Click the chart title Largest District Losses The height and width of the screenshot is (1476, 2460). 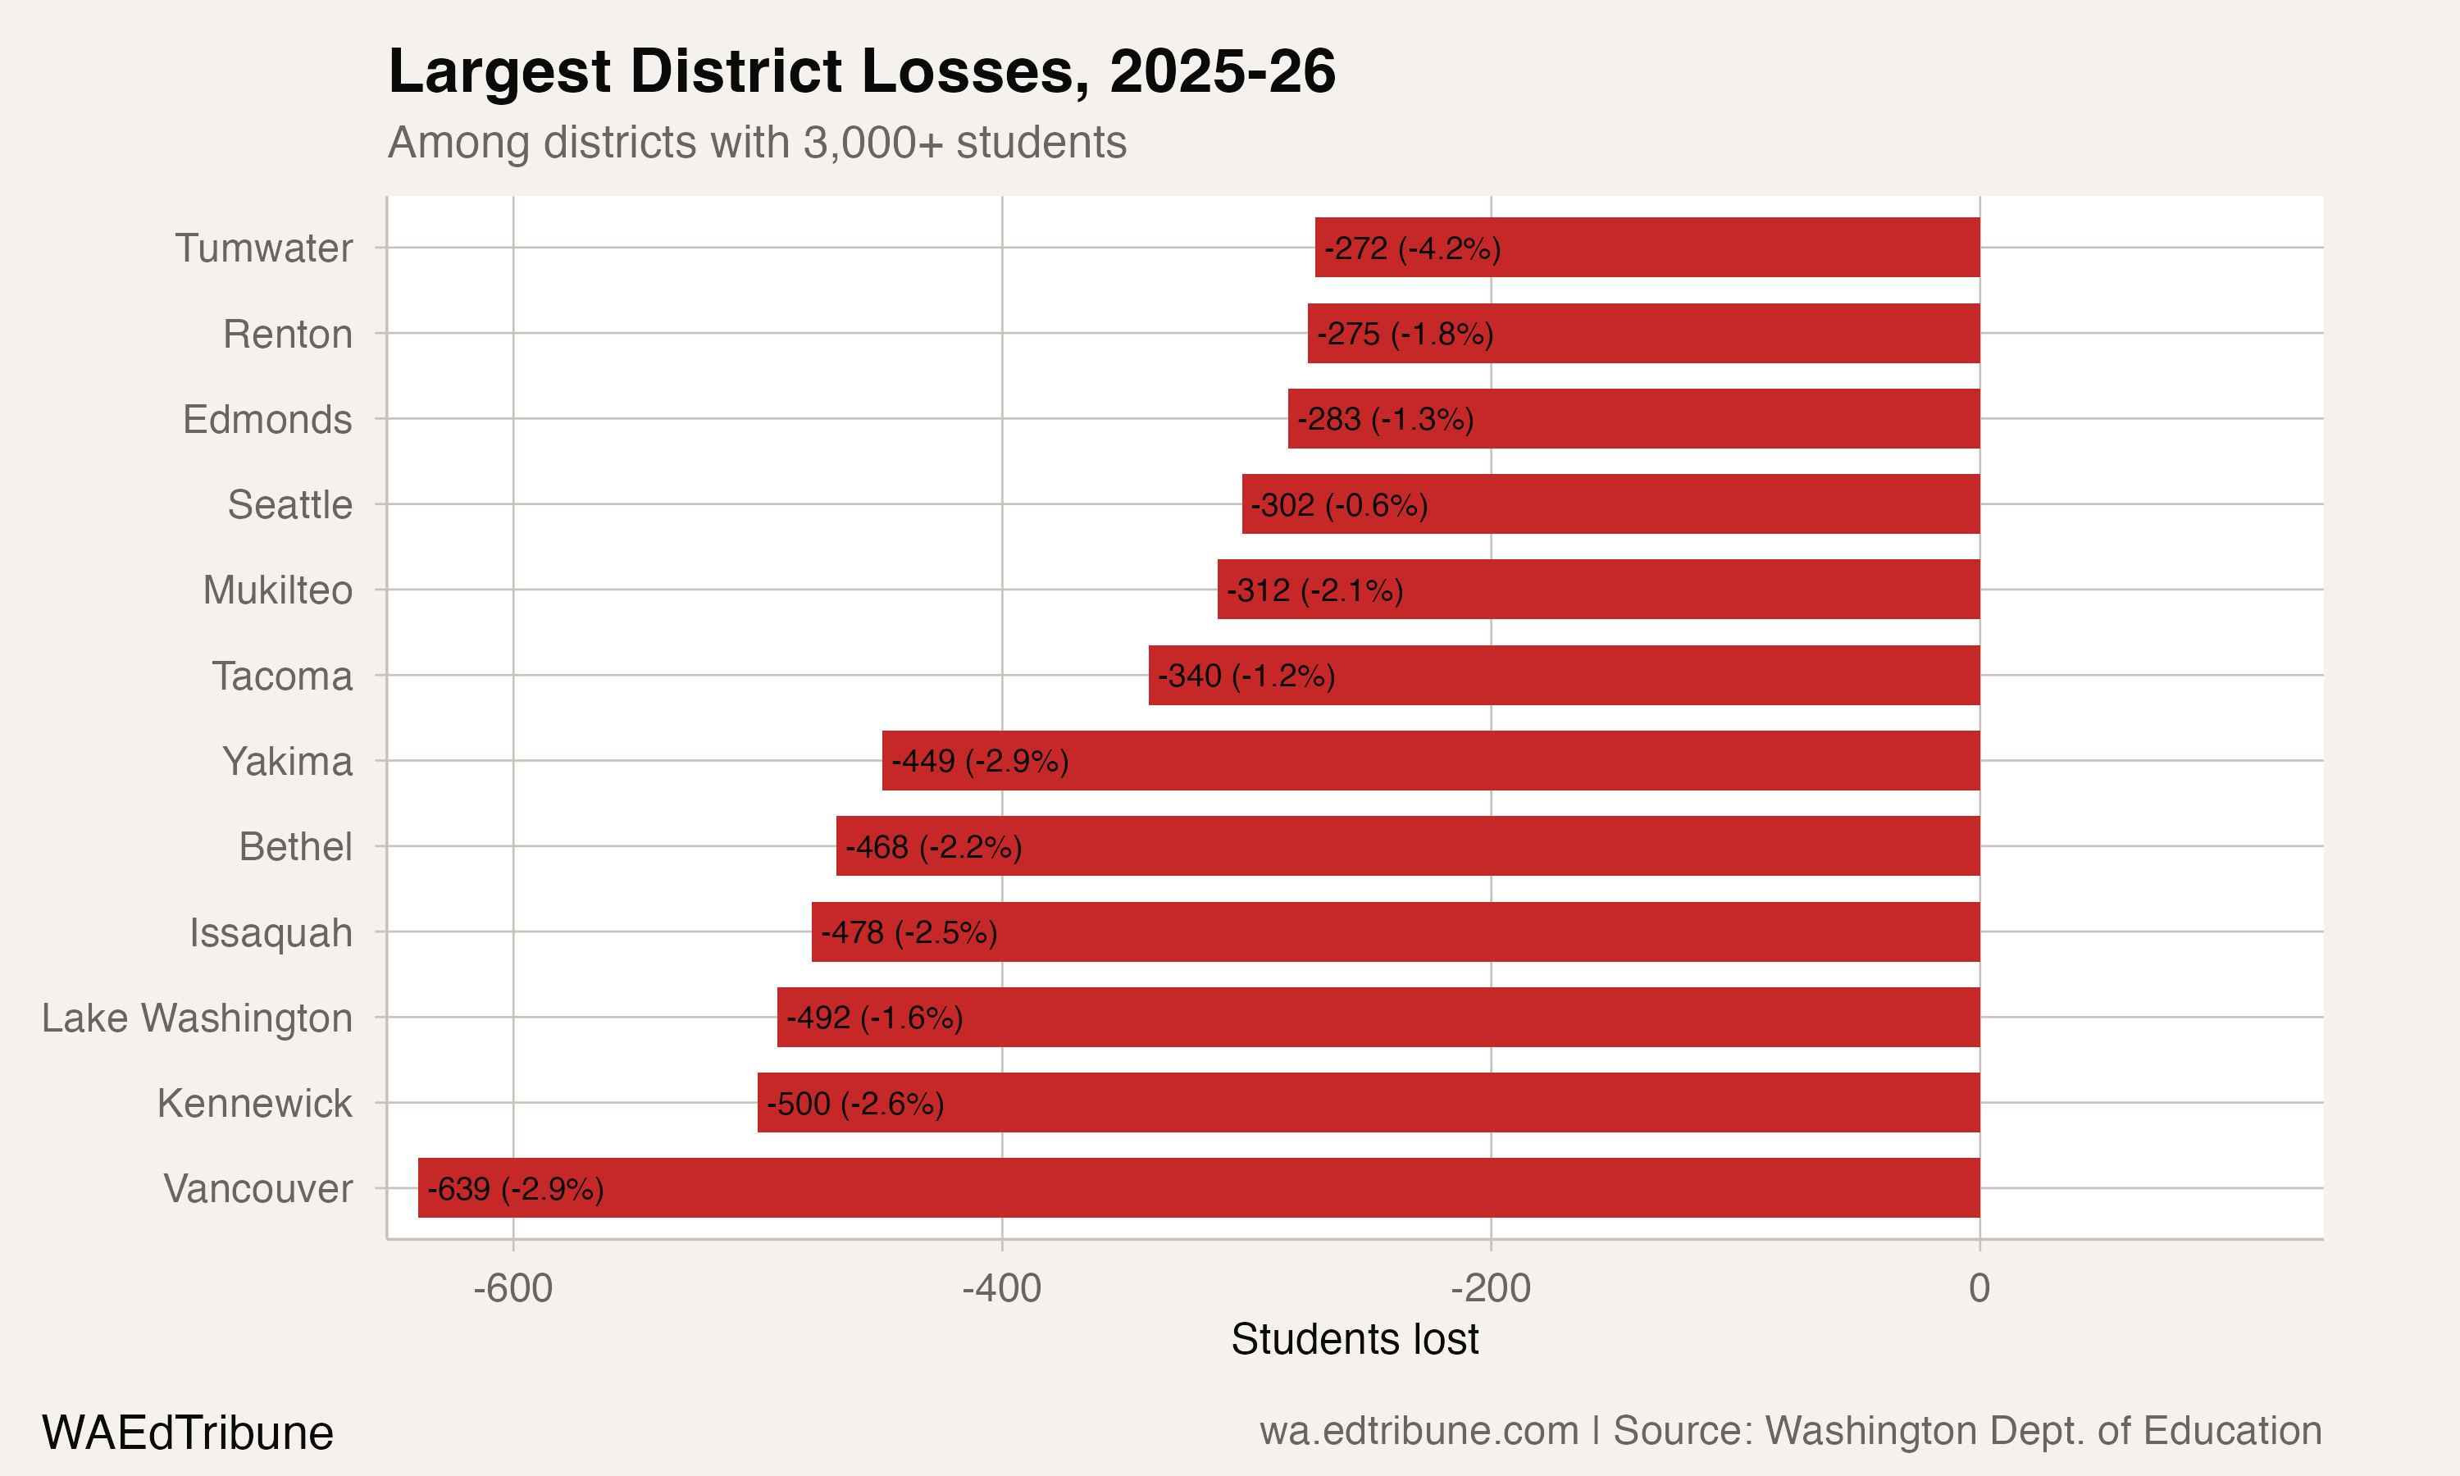pos(861,71)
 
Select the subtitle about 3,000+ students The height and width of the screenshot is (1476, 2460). pos(757,142)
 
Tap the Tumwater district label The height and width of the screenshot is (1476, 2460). pos(263,248)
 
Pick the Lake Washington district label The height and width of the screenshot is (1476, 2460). pos(197,1018)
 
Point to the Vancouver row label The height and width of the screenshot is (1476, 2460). pos(257,1188)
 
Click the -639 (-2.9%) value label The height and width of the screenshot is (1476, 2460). pos(515,1188)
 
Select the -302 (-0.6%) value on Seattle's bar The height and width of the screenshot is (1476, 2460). pos(1338,505)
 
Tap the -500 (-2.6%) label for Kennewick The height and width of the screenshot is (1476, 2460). pos(855,1103)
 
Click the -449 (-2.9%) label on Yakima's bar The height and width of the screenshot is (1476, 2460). pos(979,761)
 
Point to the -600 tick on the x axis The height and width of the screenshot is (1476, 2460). pos(513,1288)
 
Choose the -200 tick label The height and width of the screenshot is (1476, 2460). pos(1491,1288)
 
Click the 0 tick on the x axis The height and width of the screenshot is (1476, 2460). pos(1979,1288)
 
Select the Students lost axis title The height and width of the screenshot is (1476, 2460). pos(1355,1339)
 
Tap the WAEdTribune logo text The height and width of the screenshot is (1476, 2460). pos(187,1433)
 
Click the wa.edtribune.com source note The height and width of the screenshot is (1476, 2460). pos(1790,1430)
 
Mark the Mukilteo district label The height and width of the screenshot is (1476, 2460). pos(277,590)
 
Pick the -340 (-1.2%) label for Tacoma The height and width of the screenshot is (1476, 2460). pos(1246,676)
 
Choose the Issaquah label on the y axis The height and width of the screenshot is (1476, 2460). pos(271,933)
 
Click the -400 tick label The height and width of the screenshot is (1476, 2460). pos(1001,1288)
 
